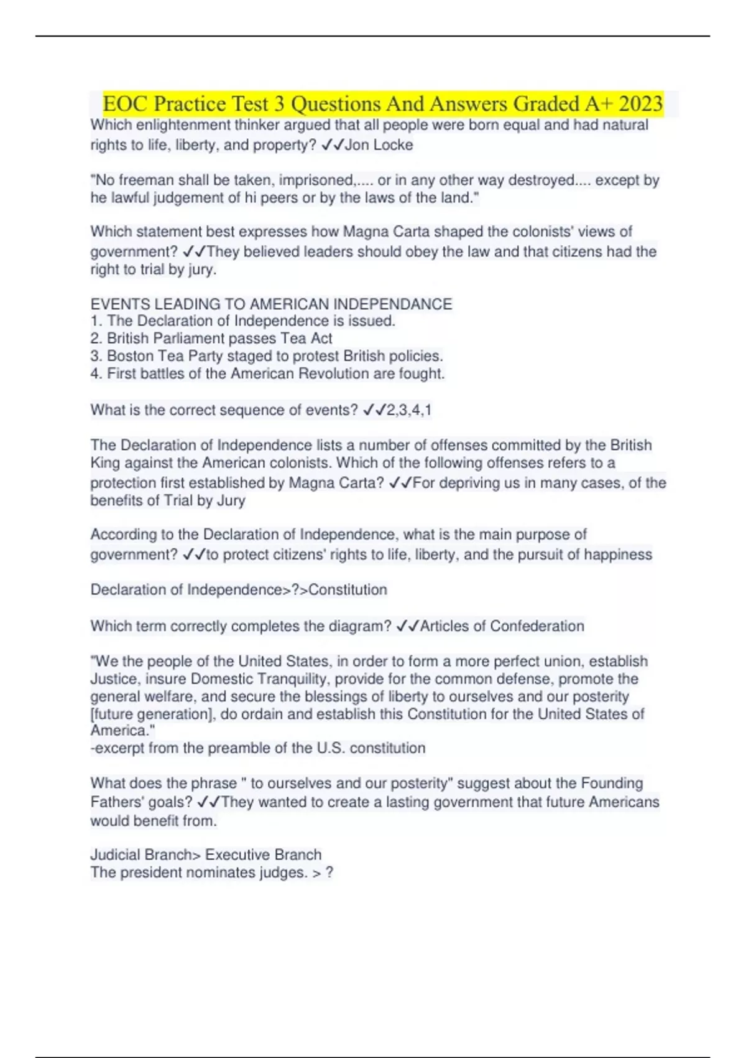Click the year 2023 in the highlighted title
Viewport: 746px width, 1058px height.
coord(640,103)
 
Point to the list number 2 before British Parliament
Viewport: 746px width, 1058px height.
coord(95,339)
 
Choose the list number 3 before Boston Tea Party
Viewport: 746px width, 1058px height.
coord(95,356)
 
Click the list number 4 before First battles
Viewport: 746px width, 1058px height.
coord(95,373)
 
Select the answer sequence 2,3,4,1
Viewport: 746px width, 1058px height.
coord(409,410)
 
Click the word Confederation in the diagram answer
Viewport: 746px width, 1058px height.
coord(537,626)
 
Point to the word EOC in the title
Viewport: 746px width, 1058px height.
coord(123,103)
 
